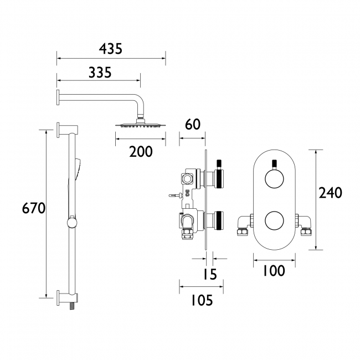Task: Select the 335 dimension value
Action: click(x=100, y=72)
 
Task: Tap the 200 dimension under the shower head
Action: click(x=140, y=151)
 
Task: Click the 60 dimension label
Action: click(x=192, y=125)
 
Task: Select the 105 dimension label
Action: click(x=201, y=300)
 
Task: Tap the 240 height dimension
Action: click(x=331, y=193)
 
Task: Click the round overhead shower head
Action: click(x=140, y=124)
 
